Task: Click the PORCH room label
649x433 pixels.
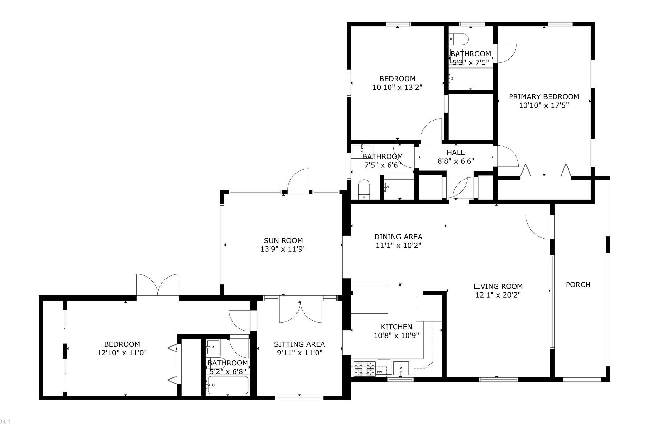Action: coord(578,285)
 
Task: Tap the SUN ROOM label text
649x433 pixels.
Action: coord(283,240)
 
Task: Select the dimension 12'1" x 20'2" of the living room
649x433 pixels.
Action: coord(498,295)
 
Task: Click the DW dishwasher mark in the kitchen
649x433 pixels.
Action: coord(379,372)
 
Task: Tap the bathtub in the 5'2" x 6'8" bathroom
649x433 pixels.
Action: coord(228,385)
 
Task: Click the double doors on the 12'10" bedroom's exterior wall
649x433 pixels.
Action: coord(157,285)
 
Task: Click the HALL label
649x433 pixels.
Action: coord(455,152)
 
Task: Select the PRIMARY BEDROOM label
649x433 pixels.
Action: coord(543,96)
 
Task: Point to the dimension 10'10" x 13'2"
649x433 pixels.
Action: coord(397,87)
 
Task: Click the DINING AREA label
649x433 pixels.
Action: coord(398,237)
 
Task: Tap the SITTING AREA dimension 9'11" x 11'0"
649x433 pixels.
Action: coord(299,352)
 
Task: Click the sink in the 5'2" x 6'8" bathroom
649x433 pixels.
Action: coord(213,347)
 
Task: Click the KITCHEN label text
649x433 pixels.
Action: coord(396,327)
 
